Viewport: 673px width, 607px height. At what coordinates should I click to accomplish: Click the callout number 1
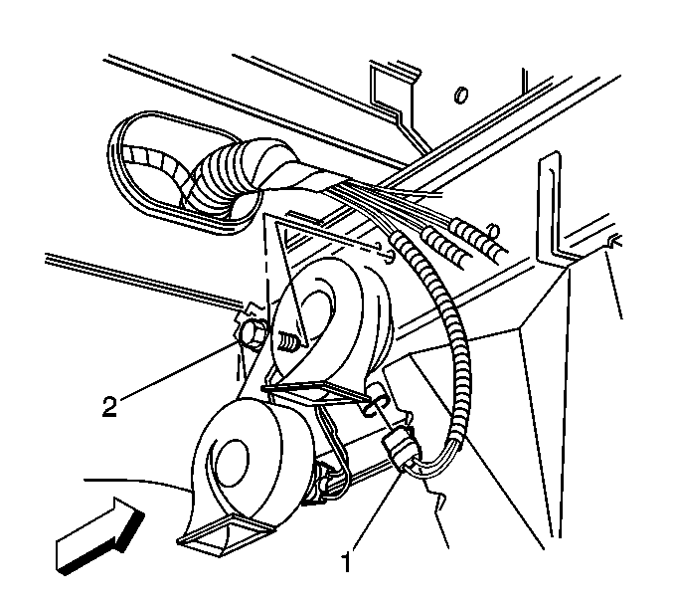point(346,562)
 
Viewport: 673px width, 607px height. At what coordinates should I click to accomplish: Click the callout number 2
point(109,406)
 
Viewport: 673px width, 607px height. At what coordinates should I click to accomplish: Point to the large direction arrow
point(100,535)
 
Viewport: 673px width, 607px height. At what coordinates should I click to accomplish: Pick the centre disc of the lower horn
point(231,463)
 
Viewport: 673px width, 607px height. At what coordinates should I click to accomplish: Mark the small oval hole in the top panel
point(461,95)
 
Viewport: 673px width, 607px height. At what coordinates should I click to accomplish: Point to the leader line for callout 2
point(178,368)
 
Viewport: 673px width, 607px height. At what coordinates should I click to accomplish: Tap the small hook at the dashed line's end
point(388,254)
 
